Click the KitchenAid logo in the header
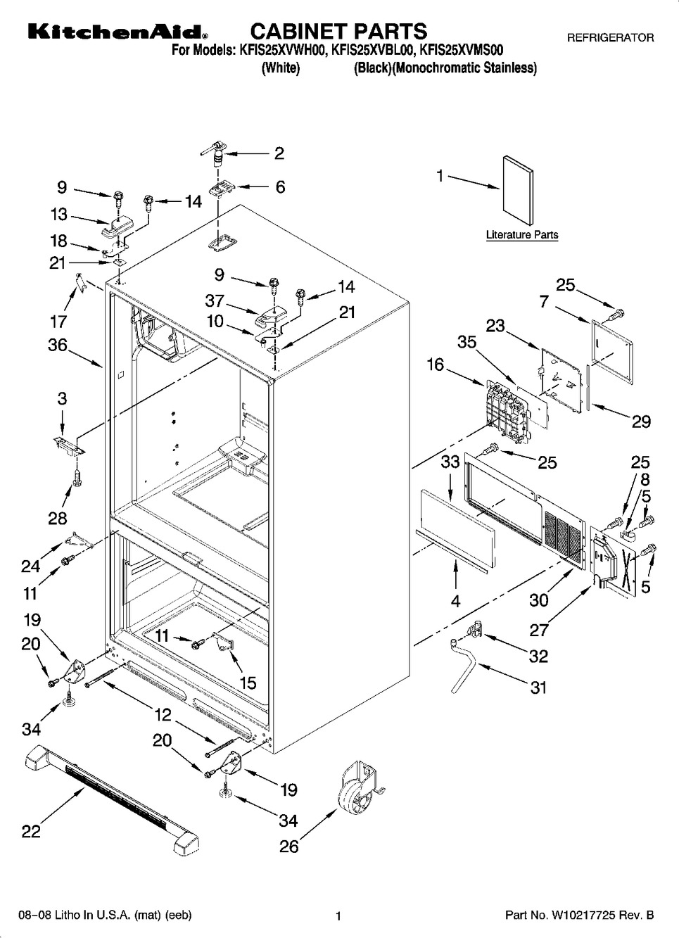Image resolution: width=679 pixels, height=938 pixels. tap(117, 32)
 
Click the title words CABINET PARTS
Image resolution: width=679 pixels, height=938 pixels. tap(338, 31)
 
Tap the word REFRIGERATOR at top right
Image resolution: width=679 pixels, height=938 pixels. tap(610, 38)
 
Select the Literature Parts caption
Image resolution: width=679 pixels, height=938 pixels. tap(521, 235)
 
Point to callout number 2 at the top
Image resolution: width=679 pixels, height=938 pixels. tap(279, 153)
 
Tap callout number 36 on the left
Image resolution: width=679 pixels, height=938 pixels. tap(58, 346)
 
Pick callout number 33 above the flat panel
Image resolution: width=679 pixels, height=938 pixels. tap(450, 462)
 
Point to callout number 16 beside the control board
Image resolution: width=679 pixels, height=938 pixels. tap(435, 364)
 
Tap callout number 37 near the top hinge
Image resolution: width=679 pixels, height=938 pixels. tap(214, 300)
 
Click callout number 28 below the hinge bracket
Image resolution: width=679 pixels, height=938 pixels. tap(58, 519)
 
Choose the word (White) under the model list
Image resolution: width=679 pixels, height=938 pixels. tap(281, 68)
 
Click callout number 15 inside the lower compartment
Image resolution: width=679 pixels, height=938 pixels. tap(247, 683)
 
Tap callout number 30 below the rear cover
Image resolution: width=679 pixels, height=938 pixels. tap(539, 600)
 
